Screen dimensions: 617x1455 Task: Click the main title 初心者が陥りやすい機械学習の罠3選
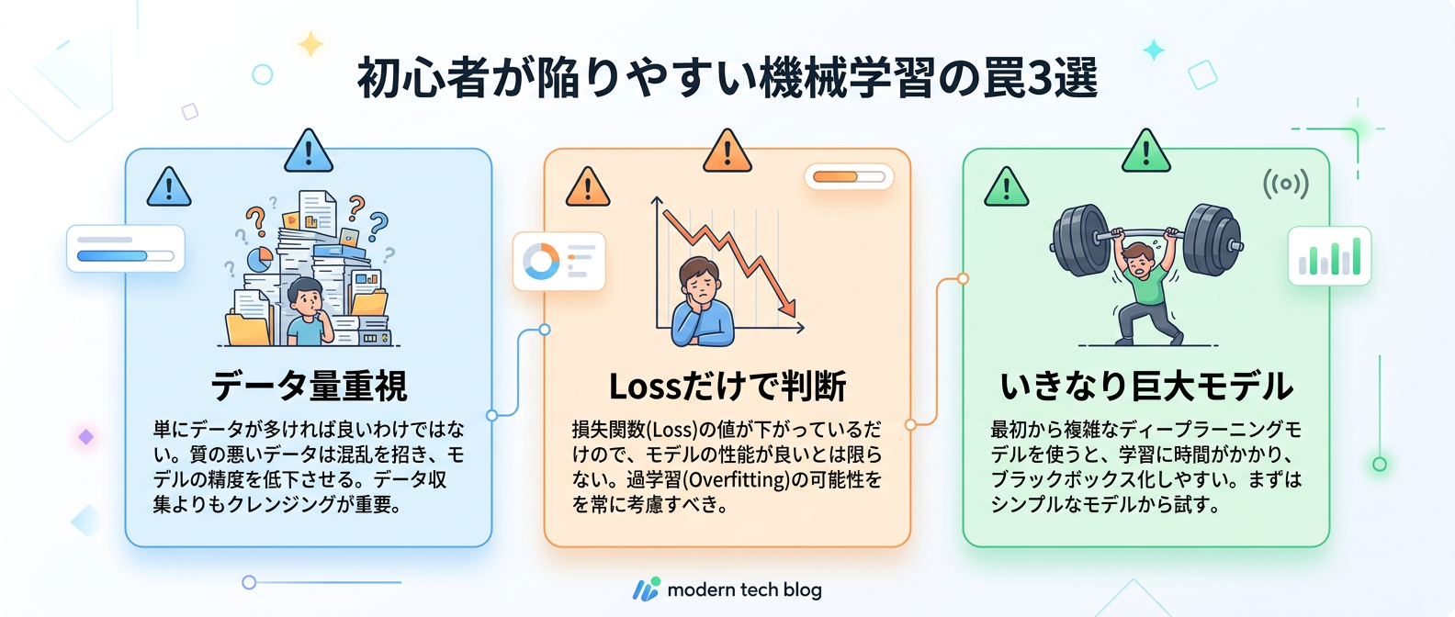(727, 77)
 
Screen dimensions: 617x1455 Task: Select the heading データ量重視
(309, 386)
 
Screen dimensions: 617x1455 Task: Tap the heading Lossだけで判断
(727, 387)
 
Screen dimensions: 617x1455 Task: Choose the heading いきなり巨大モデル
(1146, 386)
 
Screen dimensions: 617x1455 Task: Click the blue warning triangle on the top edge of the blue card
(309, 152)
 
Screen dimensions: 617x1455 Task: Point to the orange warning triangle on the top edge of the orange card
(727, 152)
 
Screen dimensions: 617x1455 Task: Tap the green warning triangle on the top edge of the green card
(1146, 152)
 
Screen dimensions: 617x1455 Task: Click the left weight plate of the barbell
(1080, 241)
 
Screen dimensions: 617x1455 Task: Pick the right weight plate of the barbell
(1212, 241)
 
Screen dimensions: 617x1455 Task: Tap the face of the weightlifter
(1141, 260)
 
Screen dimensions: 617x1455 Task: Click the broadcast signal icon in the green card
(1285, 184)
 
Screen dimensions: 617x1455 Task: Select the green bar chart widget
(1329, 256)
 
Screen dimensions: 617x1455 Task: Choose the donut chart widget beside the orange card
(541, 262)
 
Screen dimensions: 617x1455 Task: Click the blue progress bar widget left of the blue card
(126, 249)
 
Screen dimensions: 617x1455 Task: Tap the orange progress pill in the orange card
(849, 176)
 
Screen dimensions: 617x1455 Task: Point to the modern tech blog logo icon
(647, 589)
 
